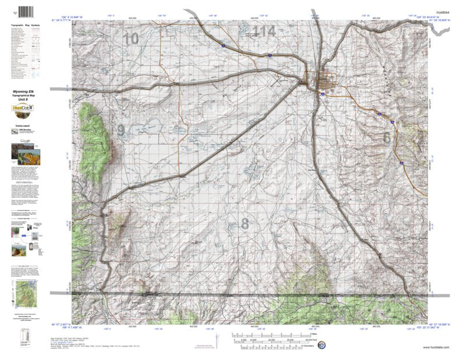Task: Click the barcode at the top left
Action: pyautogui.click(x=26, y=12)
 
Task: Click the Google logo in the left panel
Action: pyautogui.click(x=26, y=140)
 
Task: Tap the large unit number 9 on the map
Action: pyautogui.click(x=121, y=130)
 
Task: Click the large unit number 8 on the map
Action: pyautogui.click(x=245, y=223)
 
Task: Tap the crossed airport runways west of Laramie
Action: pyautogui.click(x=303, y=83)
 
